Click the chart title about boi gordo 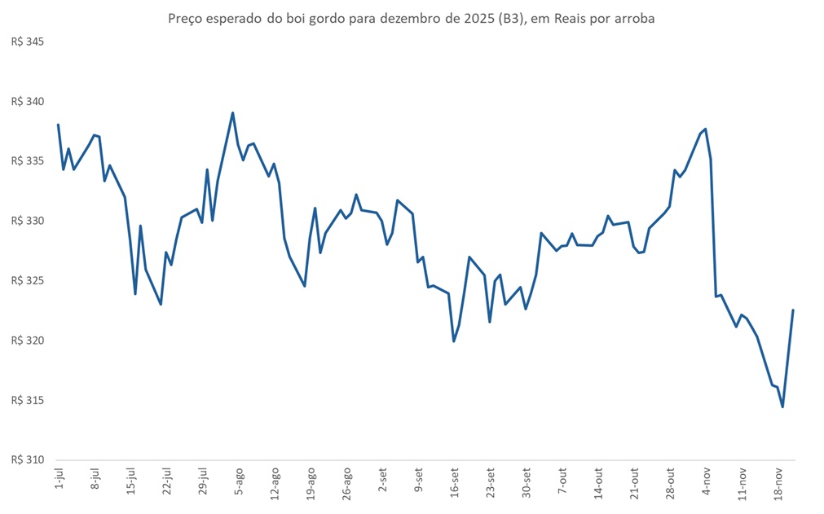pyautogui.click(x=411, y=18)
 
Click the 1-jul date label pyautogui.click(x=59, y=480)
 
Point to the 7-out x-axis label pyautogui.click(x=562, y=480)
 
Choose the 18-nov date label pyautogui.click(x=778, y=481)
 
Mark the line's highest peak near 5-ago pyautogui.click(x=233, y=113)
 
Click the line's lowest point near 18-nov pyautogui.click(x=782, y=406)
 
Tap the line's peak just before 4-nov pyautogui.click(x=705, y=129)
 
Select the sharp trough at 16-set pyautogui.click(x=454, y=340)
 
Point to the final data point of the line pyautogui.click(x=793, y=310)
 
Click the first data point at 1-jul pyautogui.click(x=58, y=125)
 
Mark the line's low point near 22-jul pyautogui.click(x=161, y=304)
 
